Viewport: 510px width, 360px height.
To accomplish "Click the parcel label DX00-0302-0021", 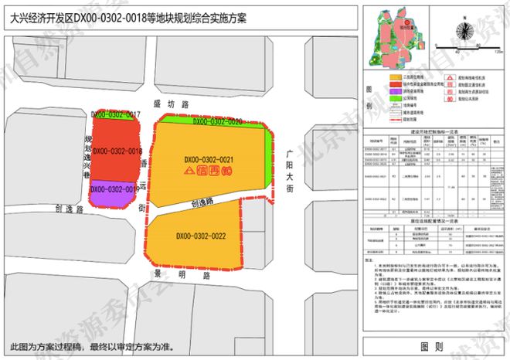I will pyautogui.click(x=209, y=160).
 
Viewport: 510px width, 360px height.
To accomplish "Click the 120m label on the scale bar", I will pyautogui.click(x=498, y=53).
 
